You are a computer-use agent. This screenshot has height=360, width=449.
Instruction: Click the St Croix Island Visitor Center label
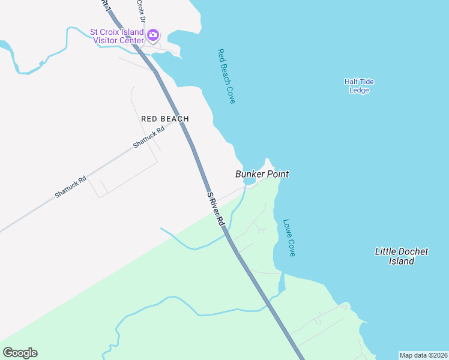tap(117, 36)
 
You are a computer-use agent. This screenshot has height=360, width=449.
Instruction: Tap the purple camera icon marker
tap(153, 34)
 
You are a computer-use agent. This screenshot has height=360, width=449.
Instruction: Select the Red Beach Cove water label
tap(226, 76)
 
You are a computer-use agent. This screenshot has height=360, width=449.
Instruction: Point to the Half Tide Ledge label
tap(359, 86)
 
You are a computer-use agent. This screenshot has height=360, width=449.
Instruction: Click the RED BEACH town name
tap(165, 119)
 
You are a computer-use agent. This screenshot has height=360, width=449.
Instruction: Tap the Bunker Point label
tap(262, 174)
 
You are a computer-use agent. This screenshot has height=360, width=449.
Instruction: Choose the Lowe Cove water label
tap(289, 237)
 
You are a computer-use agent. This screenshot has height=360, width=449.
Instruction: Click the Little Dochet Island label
tap(401, 256)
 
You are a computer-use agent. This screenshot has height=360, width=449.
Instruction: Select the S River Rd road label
tap(215, 209)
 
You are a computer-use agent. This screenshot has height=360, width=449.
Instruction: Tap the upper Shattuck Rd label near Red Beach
tap(148, 137)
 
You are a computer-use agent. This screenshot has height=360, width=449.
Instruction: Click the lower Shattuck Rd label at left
tap(70, 187)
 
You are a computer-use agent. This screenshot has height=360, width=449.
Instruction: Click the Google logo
tap(20, 353)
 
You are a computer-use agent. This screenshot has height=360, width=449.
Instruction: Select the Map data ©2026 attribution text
tap(423, 355)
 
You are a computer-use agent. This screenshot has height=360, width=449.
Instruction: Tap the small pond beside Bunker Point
tap(250, 181)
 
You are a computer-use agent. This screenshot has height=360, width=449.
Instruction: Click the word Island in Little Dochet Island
tap(401, 261)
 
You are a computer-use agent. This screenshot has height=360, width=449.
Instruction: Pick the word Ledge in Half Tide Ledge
tap(359, 91)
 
